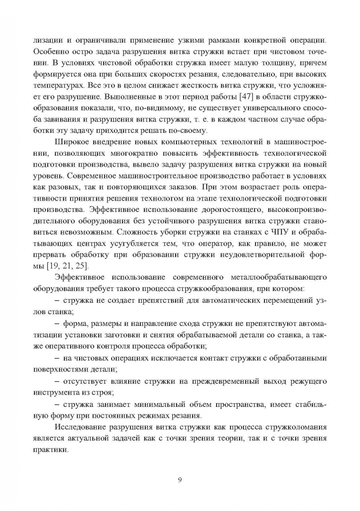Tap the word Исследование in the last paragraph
coord(80,428)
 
